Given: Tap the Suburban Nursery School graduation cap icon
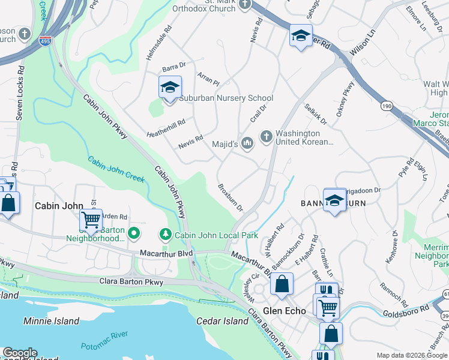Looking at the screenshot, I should coord(170,88).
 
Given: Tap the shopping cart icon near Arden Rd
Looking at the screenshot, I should coord(91,220).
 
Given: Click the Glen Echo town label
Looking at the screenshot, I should coord(285,311).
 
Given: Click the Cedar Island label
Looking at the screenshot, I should coord(223,321).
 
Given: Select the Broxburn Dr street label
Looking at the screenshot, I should coord(230,197).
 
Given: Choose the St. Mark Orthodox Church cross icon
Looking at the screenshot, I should coord(244,5).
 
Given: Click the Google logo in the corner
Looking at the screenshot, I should coord(19,353).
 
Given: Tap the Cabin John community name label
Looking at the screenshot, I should coord(58,206).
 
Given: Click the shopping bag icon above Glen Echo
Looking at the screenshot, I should coord(282,285).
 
